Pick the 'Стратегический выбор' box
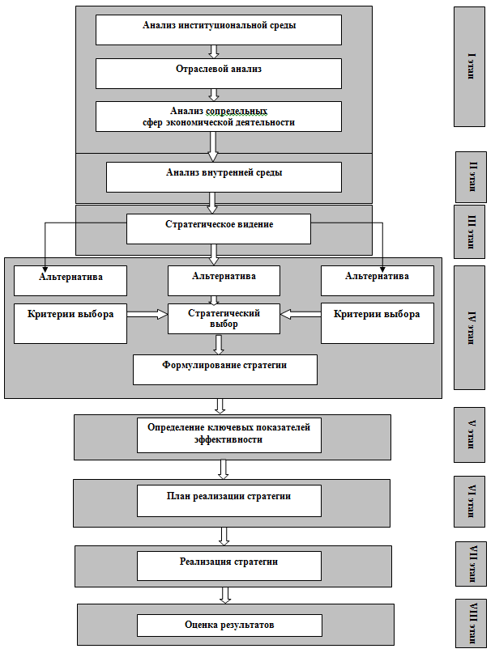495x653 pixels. click(224, 319)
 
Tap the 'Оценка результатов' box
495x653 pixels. click(229, 625)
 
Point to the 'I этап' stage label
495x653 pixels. click(470, 66)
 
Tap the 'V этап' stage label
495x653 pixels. click(470, 435)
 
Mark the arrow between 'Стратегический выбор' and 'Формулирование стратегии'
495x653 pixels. click(219, 345)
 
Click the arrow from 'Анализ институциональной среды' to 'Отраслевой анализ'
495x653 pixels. click(215, 51)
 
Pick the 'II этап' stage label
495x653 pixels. click(471, 176)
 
